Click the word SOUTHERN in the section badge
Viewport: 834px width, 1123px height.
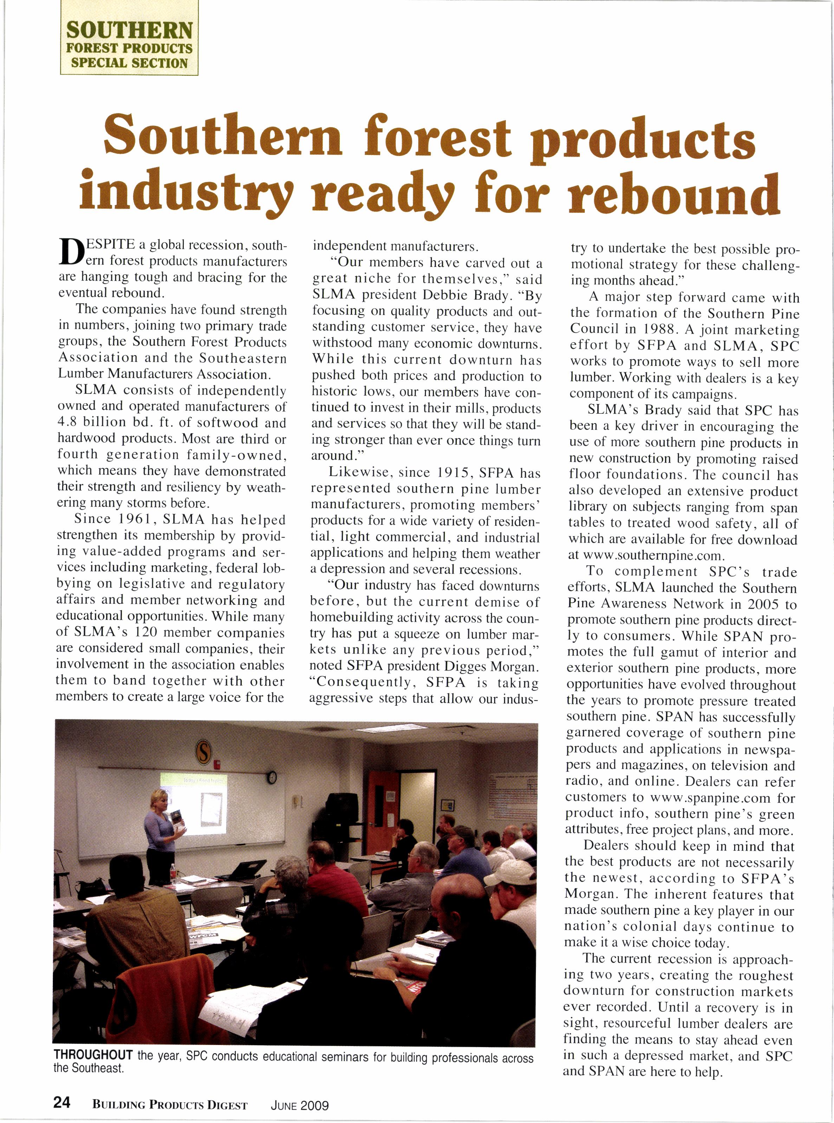129,31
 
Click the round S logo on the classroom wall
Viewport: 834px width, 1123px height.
203,753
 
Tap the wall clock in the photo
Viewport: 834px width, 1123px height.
272,777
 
